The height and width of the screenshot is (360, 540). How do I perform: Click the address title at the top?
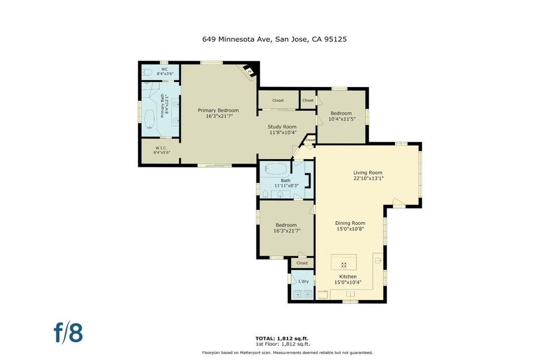coord(274,39)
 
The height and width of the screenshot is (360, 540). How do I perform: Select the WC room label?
coord(165,69)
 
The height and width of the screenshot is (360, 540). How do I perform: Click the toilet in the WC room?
coord(147,72)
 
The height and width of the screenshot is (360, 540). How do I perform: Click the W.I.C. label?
coord(161,148)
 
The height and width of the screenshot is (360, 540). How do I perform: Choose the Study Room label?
coord(282,127)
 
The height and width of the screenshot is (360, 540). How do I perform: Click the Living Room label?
coord(368,173)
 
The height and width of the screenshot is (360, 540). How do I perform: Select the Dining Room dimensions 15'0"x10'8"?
coord(350,229)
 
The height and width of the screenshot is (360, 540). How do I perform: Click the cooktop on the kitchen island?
coord(344,265)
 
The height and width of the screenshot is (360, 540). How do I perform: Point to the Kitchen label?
coord(348,277)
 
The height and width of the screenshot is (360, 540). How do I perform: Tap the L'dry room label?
coord(303,281)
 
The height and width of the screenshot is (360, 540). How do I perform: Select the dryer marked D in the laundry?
coord(308,294)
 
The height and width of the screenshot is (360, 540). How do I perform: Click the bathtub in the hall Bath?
coord(275,169)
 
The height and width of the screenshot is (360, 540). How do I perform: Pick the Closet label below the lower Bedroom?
coord(302,263)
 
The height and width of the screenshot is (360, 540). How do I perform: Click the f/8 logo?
coord(68,332)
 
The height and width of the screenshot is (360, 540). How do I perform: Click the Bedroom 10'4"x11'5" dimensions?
coord(342,119)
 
